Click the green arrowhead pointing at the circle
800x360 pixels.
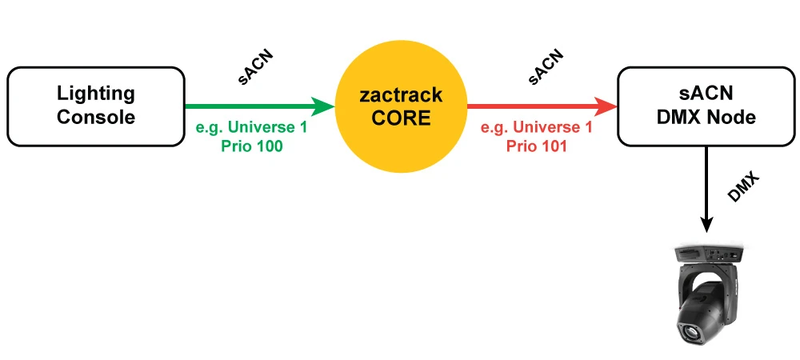pyautogui.click(x=322, y=106)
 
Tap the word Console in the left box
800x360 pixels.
pyautogui.click(x=95, y=118)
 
